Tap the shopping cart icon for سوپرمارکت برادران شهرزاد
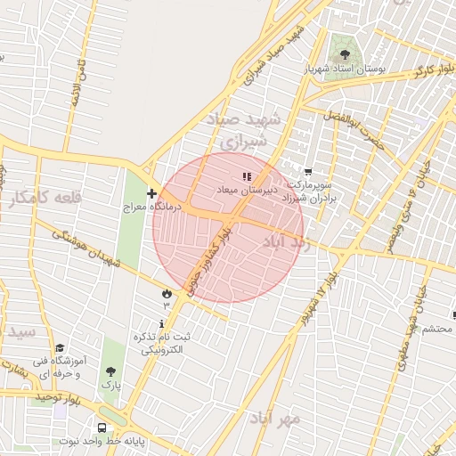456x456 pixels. tap(308, 172)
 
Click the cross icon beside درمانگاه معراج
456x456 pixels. tap(151, 193)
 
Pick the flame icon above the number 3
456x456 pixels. tap(166, 292)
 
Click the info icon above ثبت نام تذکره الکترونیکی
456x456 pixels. tap(160, 322)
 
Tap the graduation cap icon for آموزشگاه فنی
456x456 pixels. tap(60, 348)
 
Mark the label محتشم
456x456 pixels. tap(436, 329)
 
